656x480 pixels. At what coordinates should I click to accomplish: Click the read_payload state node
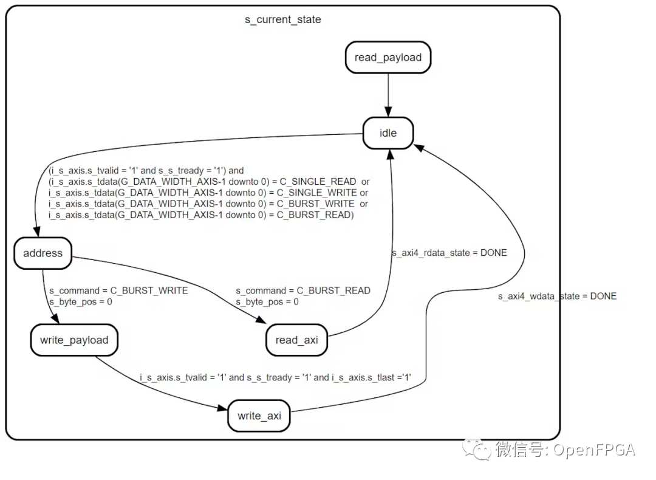[x=388, y=57]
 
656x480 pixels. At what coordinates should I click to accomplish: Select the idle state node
[x=388, y=133]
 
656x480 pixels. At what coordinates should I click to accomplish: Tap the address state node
[x=43, y=253]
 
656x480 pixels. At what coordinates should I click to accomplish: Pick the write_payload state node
[x=74, y=340]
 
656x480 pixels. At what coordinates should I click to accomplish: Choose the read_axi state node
[x=296, y=340]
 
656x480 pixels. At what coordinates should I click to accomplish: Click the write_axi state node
[x=259, y=416]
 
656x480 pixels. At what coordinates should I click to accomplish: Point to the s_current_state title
[x=283, y=19]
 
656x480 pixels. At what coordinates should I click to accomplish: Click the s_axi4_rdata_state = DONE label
[x=449, y=253]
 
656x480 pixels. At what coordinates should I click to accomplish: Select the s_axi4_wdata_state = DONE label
[x=557, y=297]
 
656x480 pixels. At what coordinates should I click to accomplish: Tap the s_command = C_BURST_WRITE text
[x=118, y=290]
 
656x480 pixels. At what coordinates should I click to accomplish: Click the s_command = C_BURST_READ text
[x=303, y=290]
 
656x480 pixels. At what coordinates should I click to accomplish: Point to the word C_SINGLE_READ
[x=318, y=182]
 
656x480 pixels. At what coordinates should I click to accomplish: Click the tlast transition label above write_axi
[x=275, y=377]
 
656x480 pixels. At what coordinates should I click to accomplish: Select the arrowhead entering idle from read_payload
[x=388, y=112]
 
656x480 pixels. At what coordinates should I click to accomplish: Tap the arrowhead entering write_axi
[x=223, y=408]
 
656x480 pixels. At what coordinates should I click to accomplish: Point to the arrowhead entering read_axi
[x=261, y=320]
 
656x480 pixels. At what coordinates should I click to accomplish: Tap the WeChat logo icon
[x=477, y=450]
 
